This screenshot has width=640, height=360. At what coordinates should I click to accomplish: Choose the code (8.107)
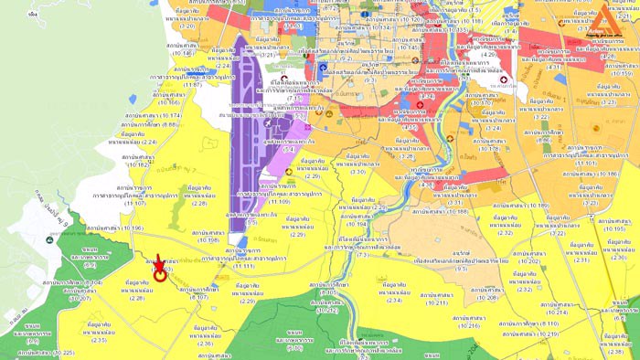[198, 297]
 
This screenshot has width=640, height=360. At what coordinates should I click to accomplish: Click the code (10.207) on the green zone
[74, 299]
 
